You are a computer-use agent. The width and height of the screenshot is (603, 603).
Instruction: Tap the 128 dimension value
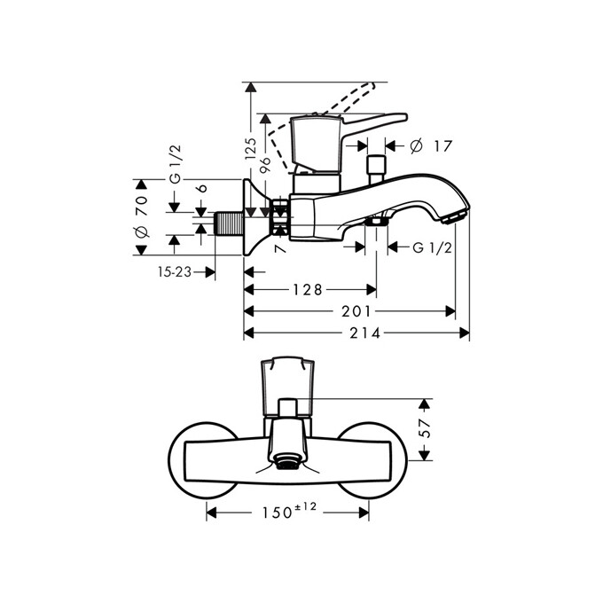[307, 290]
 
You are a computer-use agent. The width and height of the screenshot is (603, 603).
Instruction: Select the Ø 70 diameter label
[139, 217]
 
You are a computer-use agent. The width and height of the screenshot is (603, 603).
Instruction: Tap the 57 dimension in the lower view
[426, 429]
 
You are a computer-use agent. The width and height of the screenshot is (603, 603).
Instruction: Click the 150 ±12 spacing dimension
[289, 513]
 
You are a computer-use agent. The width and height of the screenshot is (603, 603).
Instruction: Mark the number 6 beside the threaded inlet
[202, 188]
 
